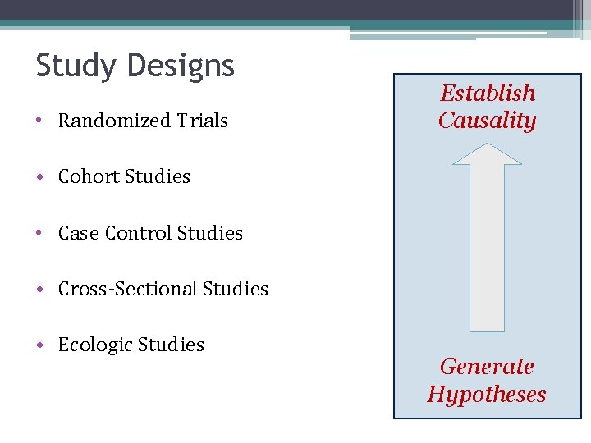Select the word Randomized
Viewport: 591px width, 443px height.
pyautogui.click(x=103, y=121)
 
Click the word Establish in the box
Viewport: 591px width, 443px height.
pyautogui.click(x=488, y=94)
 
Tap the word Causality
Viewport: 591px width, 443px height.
pyautogui.click(x=487, y=121)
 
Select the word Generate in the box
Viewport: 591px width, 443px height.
pyautogui.click(x=487, y=366)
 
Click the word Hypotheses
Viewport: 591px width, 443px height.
pyautogui.click(x=487, y=394)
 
